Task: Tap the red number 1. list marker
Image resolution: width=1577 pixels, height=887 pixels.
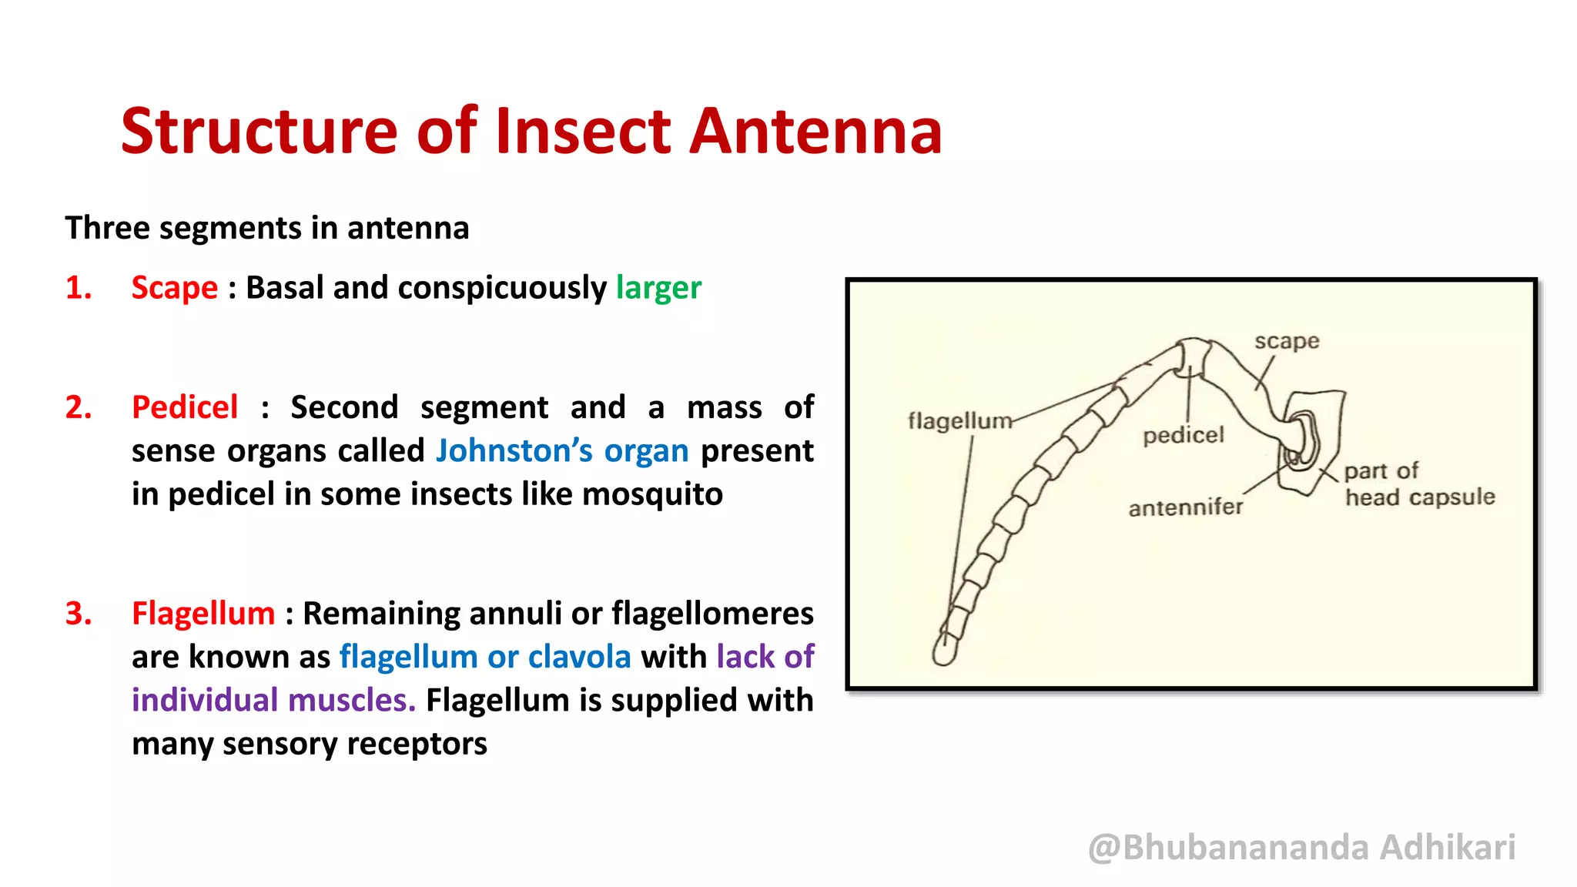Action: point(78,288)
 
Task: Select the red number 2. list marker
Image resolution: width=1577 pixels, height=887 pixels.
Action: point(78,407)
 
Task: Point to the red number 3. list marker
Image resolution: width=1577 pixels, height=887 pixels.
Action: point(78,614)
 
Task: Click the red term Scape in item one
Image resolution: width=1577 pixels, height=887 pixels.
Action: point(175,288)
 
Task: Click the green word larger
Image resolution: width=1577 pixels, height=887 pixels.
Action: point(658,288)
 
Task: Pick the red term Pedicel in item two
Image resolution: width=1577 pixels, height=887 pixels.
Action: point(185,407)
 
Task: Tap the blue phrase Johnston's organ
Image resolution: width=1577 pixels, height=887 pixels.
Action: point(562,451)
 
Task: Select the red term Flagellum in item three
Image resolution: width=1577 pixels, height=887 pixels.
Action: point(203,614)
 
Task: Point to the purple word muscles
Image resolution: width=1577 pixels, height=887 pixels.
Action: point(351,701)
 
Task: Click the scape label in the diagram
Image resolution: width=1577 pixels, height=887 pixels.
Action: point(1287,341)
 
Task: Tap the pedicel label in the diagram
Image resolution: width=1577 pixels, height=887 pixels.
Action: point(1183,436)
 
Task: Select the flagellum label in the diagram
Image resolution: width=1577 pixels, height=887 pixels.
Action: point(959,421)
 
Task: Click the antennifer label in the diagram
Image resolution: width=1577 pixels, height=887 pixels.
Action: point(1185,507)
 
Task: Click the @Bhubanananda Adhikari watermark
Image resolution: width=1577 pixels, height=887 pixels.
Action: point(1301,847)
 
